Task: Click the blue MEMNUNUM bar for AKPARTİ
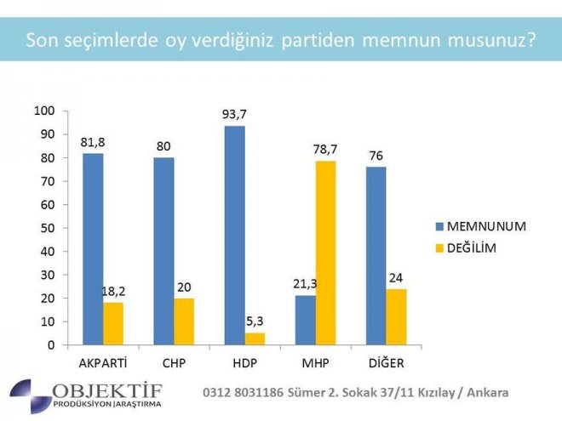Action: [x=93, y=249]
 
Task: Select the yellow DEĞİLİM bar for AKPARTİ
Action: [x=113, y=324]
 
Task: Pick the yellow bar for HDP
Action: [x=255, y=339]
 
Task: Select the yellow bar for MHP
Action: [x=325, y=253]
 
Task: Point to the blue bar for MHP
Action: [x=305, y=320]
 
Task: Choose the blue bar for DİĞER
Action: [x=376, y=256]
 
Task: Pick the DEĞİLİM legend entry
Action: [x=479, y=247]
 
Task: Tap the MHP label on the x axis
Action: [x=315, y=364]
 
